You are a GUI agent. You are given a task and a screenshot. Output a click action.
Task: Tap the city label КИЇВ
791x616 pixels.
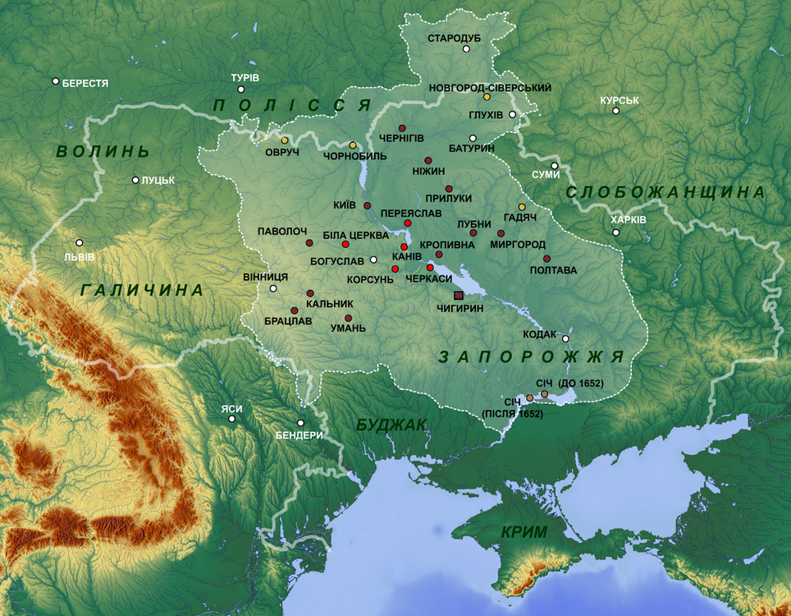tap(345, 205)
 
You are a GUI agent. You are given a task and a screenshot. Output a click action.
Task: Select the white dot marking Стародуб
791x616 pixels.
tap(466, 48)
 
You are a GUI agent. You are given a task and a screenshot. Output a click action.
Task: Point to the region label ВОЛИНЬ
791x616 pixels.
tap(103, 152)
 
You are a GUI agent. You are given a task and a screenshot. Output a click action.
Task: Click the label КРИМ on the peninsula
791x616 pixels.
tap(524, 532)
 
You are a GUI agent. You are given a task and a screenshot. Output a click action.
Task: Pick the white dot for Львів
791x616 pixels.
tap(80, 242)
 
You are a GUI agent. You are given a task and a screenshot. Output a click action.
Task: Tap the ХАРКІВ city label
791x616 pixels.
tap(629, 220)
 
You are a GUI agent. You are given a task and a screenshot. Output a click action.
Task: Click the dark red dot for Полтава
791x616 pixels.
tap(546, 259)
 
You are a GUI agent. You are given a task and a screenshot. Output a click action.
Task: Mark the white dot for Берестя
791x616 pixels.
tap(55, 81)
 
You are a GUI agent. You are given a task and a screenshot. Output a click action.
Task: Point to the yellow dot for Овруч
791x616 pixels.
tap(284, 140)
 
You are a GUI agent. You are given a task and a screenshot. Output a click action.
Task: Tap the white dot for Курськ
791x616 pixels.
tap(615, 111)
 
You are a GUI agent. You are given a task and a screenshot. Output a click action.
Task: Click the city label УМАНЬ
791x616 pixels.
tap(348, 329)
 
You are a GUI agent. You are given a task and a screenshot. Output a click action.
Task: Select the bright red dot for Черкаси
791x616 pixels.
tap(430, 268)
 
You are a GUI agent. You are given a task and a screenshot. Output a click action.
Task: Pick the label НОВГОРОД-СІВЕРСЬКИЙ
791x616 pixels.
tap(491, 87)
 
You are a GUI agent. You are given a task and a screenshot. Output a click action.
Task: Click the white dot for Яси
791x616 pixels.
tap(232, 419)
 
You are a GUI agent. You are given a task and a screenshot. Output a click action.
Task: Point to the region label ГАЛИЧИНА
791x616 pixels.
tap(142, 290)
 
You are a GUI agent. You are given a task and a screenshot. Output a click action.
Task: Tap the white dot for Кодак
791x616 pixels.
tap(565, 338)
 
